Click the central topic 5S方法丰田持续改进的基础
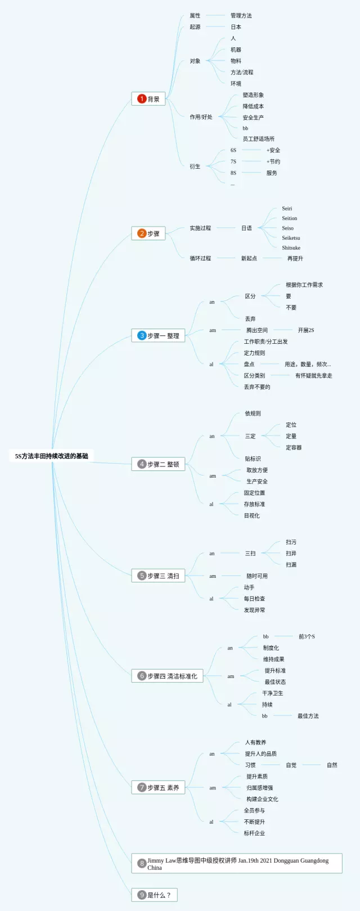52,456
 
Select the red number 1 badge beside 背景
142,98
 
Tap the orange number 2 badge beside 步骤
142,234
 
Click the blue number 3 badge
142,335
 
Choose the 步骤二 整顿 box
158,464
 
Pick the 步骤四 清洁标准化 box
167,676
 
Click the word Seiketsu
291,238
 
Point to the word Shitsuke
291,248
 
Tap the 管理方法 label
241,16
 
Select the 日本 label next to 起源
236,27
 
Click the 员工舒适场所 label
258,139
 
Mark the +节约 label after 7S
273,161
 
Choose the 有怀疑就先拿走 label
313,375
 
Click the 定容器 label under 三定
294,447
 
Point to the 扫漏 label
291,564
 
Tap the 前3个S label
307,636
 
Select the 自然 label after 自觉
332,765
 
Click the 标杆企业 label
254,833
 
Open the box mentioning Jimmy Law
237,864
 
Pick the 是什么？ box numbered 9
154,895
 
